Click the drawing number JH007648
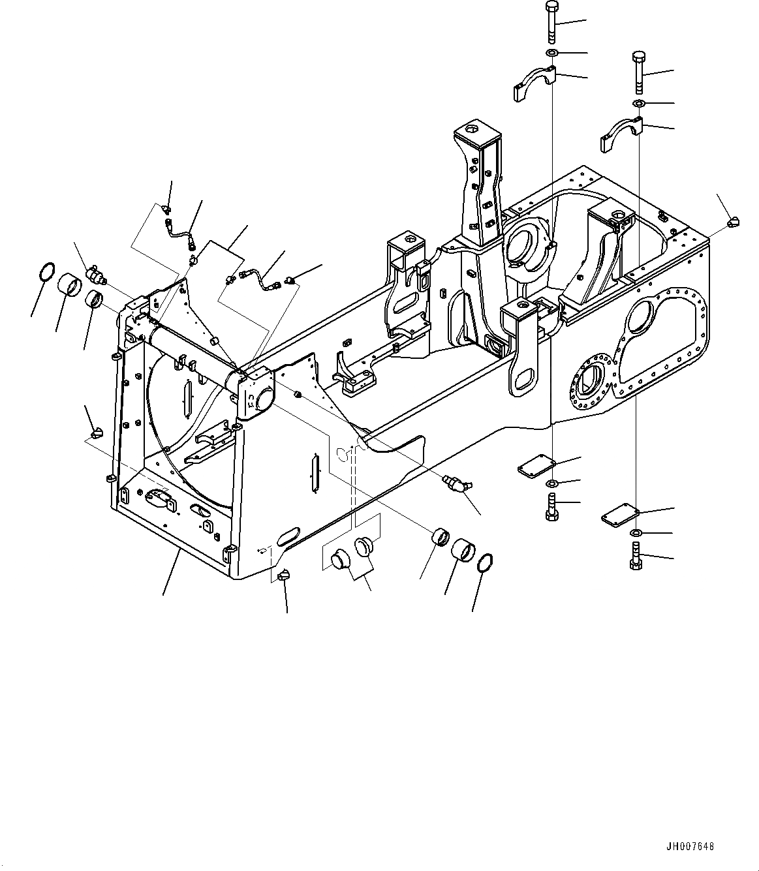tap(690, 846)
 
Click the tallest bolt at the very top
tap(550, 21)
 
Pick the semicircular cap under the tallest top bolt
tap(534, 84)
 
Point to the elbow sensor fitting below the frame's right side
tap(457, 483)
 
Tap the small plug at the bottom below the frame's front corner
tap(284, 573)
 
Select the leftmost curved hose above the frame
tap(179, 233)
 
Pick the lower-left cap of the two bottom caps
tap(340, 560)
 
